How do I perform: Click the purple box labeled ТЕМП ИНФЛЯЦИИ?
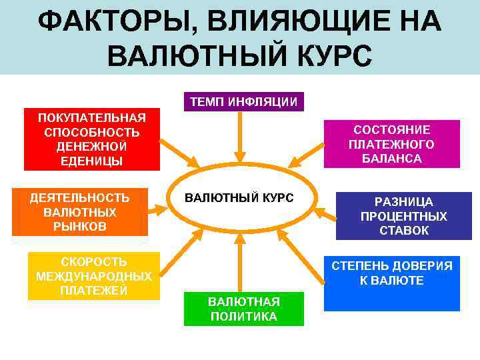coord(243,101)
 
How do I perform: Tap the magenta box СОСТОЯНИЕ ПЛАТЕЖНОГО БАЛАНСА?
coord(392,143)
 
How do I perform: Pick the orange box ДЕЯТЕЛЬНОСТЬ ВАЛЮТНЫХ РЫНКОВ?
coord(80,213)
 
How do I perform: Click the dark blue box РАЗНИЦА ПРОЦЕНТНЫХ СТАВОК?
coord(403,216)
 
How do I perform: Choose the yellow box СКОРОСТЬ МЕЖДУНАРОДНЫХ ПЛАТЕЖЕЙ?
coord(94,276)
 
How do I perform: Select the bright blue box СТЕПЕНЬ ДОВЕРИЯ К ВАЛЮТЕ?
coord(392,280)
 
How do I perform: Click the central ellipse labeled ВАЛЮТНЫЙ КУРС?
coord(239,199)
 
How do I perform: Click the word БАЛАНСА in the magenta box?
coord(392,159)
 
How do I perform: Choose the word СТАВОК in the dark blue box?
coord(403,231)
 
